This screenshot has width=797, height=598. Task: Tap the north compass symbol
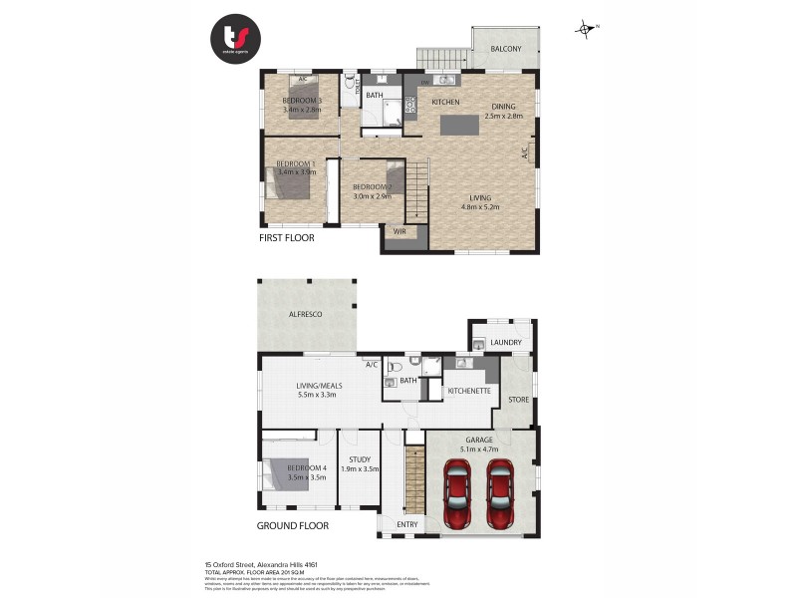pos(586,28)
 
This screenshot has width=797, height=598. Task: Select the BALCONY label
pos(507,49)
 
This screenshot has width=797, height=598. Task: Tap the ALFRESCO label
pos(307,314)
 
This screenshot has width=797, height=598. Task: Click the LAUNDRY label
pos(505,343)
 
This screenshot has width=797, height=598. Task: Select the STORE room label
pos(518,401)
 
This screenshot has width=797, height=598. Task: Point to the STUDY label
pos(360,459)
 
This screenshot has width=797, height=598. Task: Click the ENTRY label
pos(407,524)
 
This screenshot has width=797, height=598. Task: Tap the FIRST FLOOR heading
pos(286,238)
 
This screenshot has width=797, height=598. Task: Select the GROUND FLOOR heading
pos(293,525)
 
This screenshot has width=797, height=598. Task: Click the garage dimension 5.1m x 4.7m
pos(481,448)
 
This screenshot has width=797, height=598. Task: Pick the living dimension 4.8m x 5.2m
pos(480,207)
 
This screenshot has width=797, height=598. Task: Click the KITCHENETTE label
pos(468,391)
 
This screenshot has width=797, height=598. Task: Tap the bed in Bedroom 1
pos(287,183)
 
